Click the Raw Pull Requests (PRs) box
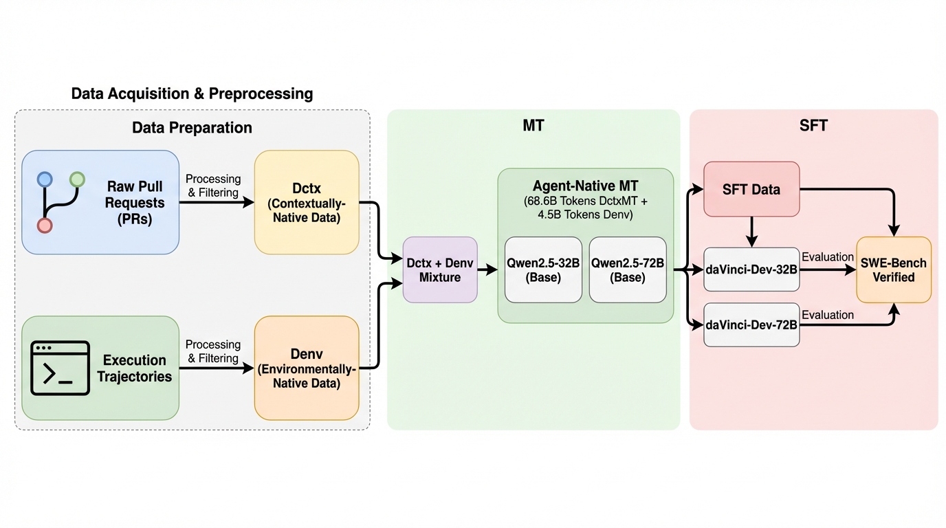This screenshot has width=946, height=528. pos(100,202)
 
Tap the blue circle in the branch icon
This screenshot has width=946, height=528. pos(45,180)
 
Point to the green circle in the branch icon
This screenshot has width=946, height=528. pos(77,180)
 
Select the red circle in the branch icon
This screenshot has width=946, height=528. pos(45,225)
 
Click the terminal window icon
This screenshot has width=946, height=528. pos(60,368)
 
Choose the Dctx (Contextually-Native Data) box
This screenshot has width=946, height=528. pos(307,202)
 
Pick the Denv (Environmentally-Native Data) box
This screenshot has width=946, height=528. pos(307,368)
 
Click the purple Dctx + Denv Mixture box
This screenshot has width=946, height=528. pos(439,269)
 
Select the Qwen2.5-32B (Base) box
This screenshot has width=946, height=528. pos(543,269)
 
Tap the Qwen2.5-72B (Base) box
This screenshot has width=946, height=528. pos(628,269)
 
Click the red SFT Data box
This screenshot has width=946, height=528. pos(751,189)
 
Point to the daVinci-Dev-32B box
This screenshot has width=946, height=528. pos(751,269)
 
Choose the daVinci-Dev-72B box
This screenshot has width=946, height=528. pos(751,324)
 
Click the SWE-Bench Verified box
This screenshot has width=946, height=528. pos(893,269)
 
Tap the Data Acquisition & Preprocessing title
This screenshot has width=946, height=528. pos(192,93)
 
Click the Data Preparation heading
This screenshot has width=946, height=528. pos(192,127)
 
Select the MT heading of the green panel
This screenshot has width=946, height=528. pos(533,126)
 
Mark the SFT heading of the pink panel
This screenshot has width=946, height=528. pos(814,126)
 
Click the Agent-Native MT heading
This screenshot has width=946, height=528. pos(585,186)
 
